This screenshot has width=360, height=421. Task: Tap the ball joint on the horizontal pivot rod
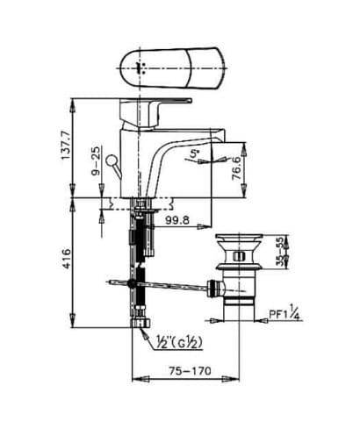point(131,283)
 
